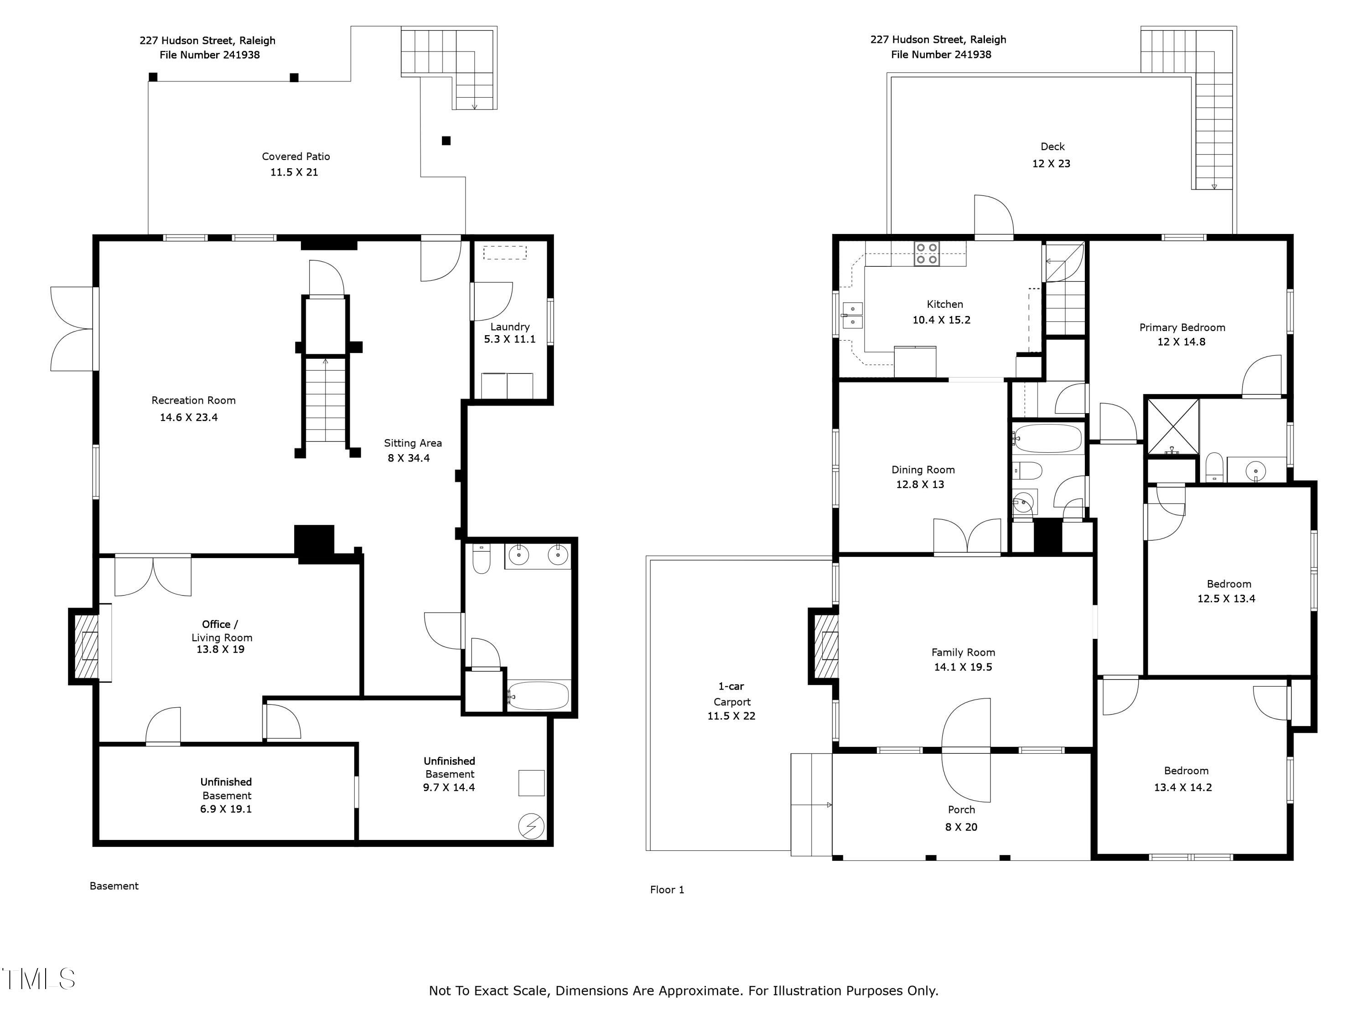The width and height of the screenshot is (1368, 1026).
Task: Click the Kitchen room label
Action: pos(944,304)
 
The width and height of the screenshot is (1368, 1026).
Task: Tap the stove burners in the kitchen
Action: pos(927,254)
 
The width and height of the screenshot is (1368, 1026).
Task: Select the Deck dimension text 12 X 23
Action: pos(1051,164)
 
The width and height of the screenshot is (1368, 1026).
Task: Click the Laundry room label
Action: pos(510,326)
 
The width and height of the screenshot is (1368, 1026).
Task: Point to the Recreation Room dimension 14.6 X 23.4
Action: pos(189,417)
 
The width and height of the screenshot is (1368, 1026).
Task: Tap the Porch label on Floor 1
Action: pos(961,809)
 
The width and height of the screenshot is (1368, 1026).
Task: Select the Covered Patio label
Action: pos(295,156)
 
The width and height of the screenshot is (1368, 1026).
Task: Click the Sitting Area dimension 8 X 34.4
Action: pos(408,458)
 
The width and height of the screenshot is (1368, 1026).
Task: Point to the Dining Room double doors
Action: pos(967,537)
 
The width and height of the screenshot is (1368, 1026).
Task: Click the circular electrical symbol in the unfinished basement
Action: pos(531,826)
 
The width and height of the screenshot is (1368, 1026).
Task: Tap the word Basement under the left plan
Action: pos(114,886)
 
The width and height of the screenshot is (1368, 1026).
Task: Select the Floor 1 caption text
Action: pos(667,889)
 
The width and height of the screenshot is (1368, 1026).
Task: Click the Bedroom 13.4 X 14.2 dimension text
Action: pos(1182,787)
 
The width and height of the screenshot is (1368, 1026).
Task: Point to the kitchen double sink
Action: pos(852,315)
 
